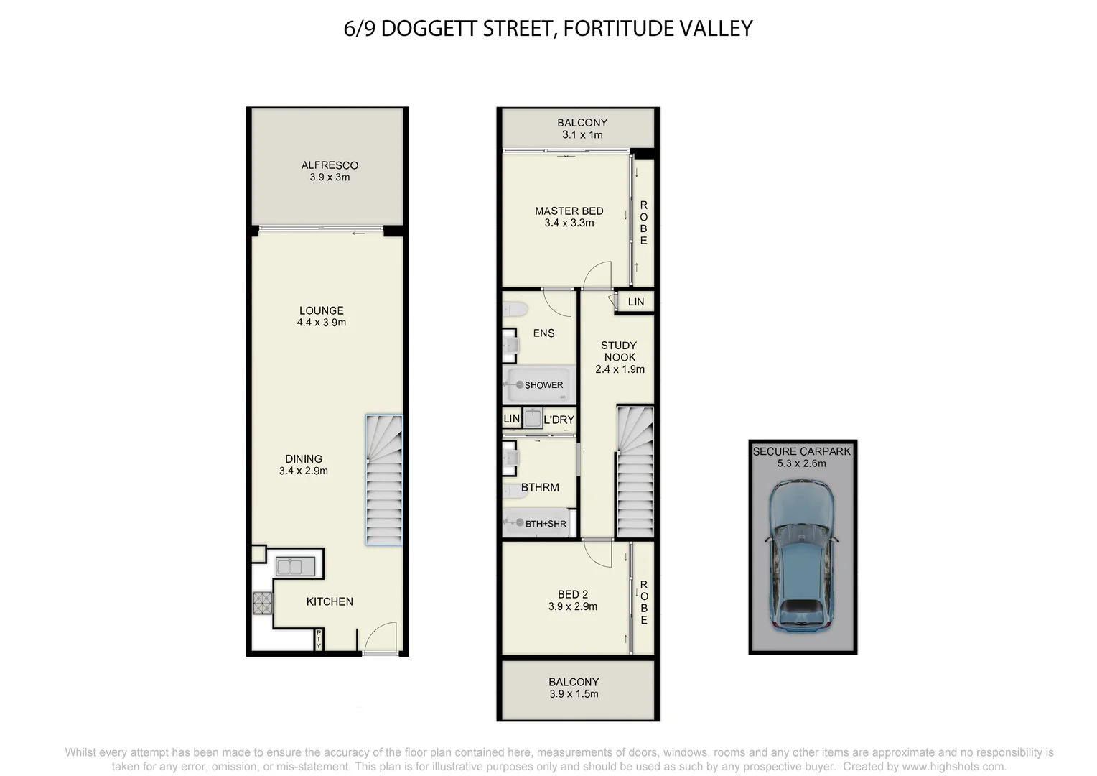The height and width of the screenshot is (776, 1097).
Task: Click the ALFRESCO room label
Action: pos(330,165)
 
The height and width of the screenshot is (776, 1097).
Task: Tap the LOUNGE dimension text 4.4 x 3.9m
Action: pos(321,323)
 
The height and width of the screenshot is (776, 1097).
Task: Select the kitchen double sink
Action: pos(295,566)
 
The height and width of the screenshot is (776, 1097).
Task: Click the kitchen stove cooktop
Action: pos(263,603)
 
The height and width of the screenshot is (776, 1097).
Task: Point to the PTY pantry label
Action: pos(319,639)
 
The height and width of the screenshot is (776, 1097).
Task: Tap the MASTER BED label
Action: pos(569,211)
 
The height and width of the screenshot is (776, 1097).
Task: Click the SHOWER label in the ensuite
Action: pos(543,385)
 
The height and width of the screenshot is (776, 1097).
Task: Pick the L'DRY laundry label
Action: pos(559,420)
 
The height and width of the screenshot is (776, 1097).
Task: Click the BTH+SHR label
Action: pos(546,524)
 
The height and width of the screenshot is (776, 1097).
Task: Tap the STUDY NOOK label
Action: pos(619,351)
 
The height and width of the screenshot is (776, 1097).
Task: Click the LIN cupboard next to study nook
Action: pos(636,302)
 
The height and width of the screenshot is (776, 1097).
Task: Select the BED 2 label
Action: pos(572,594)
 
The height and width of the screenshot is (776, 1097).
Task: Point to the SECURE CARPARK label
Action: pos(801,451)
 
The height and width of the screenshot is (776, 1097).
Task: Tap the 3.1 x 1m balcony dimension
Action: pos(582,135)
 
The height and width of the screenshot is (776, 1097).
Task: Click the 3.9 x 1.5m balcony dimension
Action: pos(573,694)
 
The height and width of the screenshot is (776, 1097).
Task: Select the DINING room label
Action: pos(303,458)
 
